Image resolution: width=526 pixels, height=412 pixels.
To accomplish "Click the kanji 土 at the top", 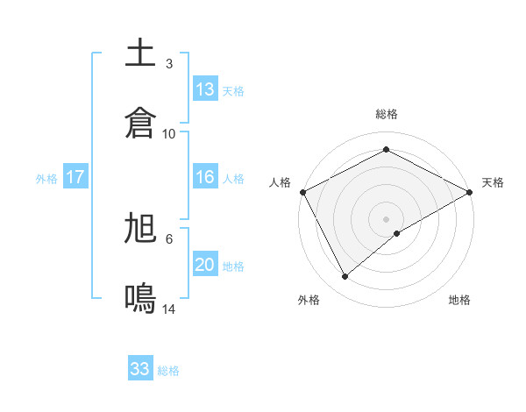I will click(x=141, y=54).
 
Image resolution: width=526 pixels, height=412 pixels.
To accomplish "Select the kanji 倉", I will click(x=141, y=123).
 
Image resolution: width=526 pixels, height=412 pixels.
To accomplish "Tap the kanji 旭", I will click(x=141, y=229).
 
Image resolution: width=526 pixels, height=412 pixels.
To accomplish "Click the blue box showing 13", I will click(x=205, y=89).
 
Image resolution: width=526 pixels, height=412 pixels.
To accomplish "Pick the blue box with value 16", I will click(x=205, y=177).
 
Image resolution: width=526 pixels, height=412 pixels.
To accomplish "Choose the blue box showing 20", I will click(x=205, y=265).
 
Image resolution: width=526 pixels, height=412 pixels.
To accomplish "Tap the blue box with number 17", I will click(x=75, y=177).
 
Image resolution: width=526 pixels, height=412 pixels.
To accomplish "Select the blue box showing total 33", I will click(x=140, y=369).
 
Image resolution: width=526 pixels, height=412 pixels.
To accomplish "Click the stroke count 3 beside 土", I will click(x=169, y=64).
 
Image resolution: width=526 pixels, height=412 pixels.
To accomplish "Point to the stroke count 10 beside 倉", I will click(x=169, y=133).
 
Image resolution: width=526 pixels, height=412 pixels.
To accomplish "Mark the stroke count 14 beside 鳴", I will click(x=169, y=309).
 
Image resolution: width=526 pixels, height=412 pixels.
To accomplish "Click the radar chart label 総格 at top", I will click(x=387, y=115).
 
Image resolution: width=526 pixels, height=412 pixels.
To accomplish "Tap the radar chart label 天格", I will click(x=494, y=182).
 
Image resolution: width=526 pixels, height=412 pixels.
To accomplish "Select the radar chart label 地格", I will click(x=459, y=300).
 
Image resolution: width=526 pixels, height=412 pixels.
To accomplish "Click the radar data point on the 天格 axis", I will click(x=470, y=192).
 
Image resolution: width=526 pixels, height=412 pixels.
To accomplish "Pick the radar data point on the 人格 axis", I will click(x=302, y=192).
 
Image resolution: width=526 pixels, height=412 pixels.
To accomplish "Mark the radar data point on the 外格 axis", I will click(x=345, y=277).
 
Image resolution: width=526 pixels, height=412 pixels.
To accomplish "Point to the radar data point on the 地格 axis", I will click(x=397, y=233).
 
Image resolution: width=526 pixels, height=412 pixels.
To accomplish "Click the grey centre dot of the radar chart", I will click(x=387, y=218).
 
